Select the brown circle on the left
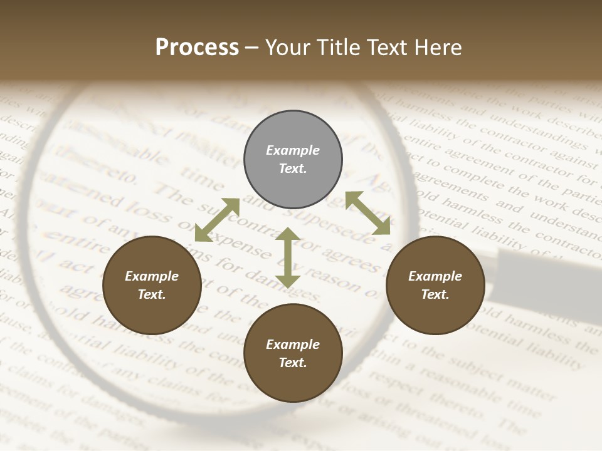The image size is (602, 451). coord(152,286)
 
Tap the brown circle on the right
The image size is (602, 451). coord(435,286)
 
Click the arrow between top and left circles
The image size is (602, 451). coord(217,220)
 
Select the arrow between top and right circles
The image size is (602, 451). coord(367,213)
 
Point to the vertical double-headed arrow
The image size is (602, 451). coord(287,257)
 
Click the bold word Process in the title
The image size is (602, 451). coord(197,47)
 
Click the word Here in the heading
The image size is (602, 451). coord(439,47)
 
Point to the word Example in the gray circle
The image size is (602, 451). coord(293,150)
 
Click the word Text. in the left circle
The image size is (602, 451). coord(152,294)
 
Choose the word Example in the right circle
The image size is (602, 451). coord(435,276)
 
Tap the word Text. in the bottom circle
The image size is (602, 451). coord(293,363)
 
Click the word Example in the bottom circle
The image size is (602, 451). coord(293,345)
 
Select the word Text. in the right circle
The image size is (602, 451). coord(435,294)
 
